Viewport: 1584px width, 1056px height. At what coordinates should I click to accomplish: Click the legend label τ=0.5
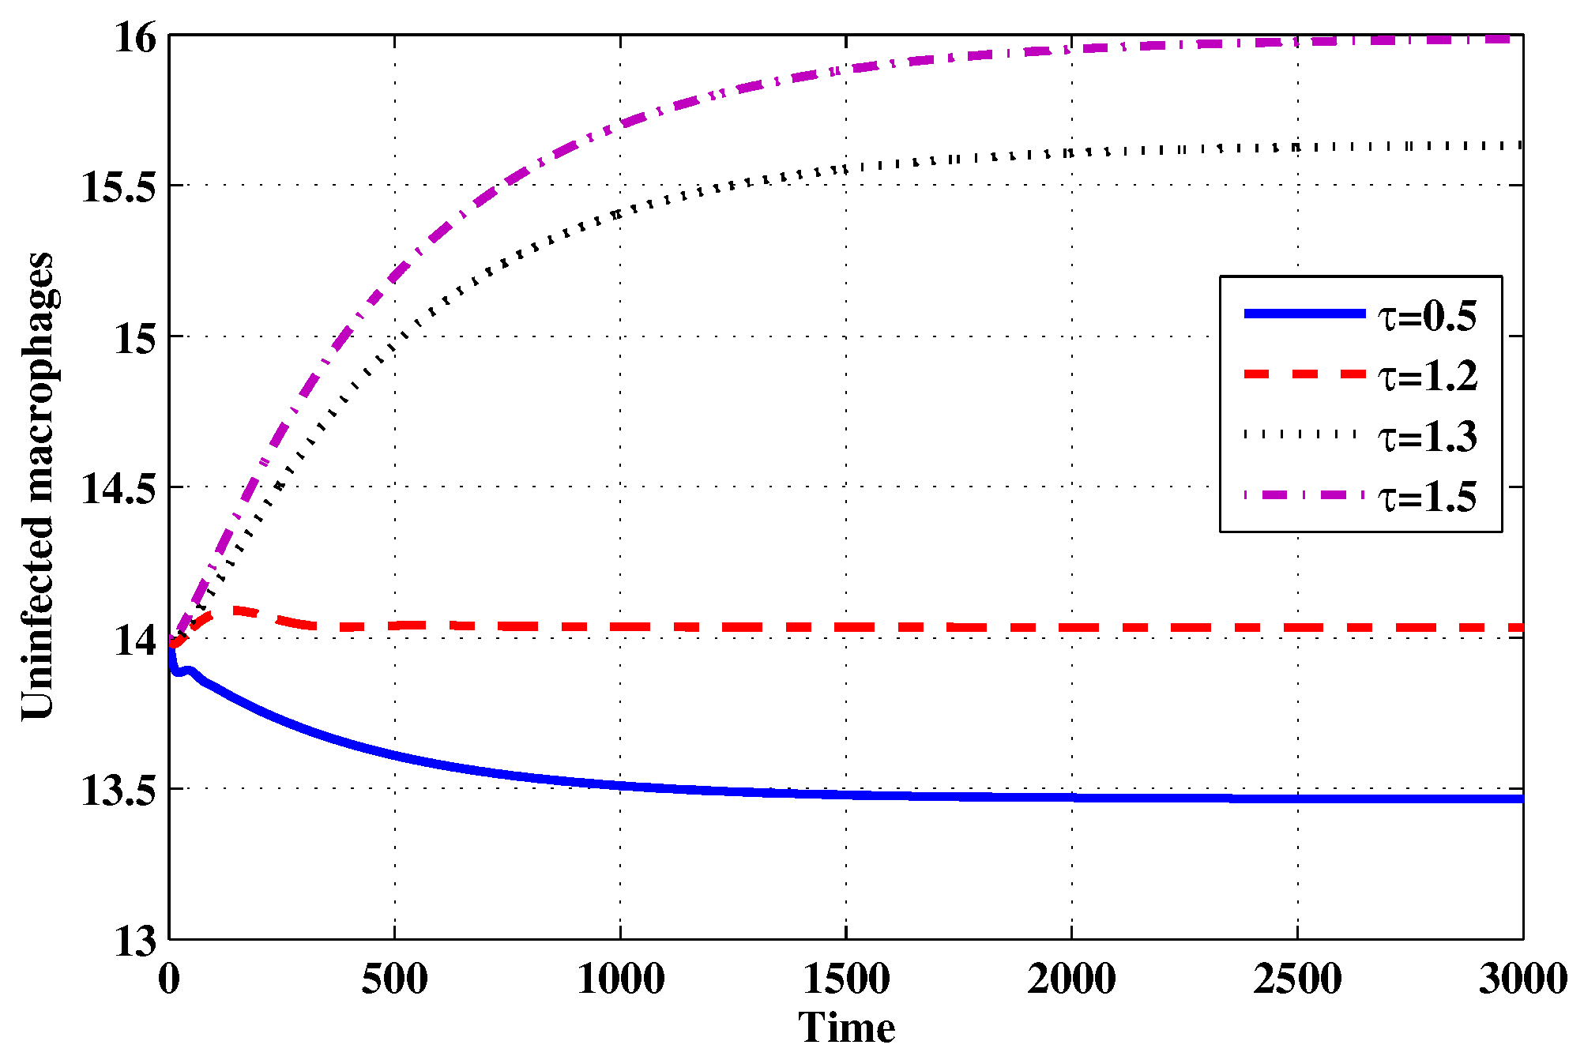[x=1428, y=317]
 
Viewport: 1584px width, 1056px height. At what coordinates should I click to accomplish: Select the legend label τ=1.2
[x=1428, y=377]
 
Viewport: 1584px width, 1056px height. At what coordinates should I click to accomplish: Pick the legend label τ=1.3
[x=1428, y=437]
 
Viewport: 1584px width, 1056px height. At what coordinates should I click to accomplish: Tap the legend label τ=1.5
[x=1428, y=497]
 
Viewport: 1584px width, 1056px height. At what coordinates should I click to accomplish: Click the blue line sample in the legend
[x=1304, y=314]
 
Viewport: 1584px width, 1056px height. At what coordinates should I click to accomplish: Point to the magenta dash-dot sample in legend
[x=1304, y=494]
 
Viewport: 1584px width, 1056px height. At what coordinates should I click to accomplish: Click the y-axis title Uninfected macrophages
[x=38, y=486]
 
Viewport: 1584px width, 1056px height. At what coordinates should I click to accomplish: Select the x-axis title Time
[x=846, y=1028]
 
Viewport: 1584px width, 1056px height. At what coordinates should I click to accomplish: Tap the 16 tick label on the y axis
[x=135, y=38]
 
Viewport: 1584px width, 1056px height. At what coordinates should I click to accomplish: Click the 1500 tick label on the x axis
[x=846, y=979]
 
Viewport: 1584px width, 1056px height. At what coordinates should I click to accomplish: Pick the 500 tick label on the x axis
[x=394, y=979]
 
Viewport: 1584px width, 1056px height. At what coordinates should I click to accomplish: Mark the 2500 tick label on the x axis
[x=1297, y=979]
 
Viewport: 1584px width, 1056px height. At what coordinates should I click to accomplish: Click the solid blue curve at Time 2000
[x=1072, y=797]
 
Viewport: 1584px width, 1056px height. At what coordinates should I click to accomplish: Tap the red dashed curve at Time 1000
[x=620, y=626]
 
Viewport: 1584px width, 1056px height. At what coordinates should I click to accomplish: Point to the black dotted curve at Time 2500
[x=1297, y=147]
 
